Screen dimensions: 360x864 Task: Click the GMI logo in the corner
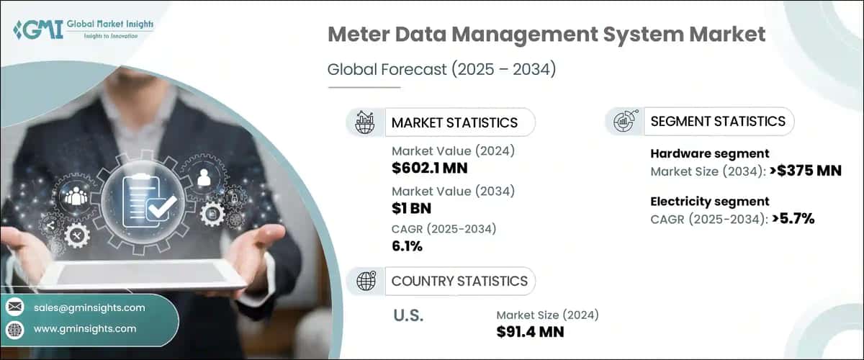(x=83, y=30)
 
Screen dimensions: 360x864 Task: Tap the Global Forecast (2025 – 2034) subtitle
(x=442, y=70)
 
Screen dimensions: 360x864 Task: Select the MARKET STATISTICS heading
(x=454, y=122)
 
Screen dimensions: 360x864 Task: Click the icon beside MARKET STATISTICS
(x=364, y=122)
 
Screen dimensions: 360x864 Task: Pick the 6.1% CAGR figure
(x=407, y=246)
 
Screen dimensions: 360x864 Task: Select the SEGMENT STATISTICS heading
(x=718, y=121)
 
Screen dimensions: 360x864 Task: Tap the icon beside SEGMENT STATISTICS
(x=624, y=122)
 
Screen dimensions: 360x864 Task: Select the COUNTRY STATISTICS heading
(x=459, y=281)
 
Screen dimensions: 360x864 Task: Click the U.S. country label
(x=408, y=315)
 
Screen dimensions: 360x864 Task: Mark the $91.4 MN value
(x=530, y=332)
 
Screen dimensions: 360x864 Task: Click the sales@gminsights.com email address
(x=89, y=307)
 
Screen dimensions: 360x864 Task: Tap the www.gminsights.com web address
(x=85, y=329)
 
